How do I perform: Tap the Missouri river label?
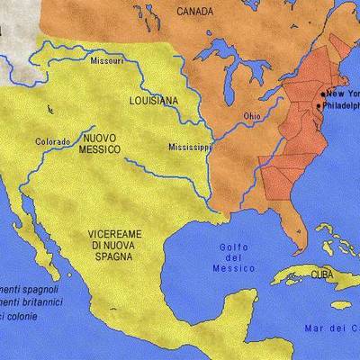coord(106,61)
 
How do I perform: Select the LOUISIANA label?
coord(155,102)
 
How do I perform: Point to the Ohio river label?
coord(253,116)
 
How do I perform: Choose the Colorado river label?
coord(53,142)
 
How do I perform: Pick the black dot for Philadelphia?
coord(318,107)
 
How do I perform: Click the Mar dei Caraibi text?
coord(333,327)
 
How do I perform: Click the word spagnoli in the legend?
coord(40,290)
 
